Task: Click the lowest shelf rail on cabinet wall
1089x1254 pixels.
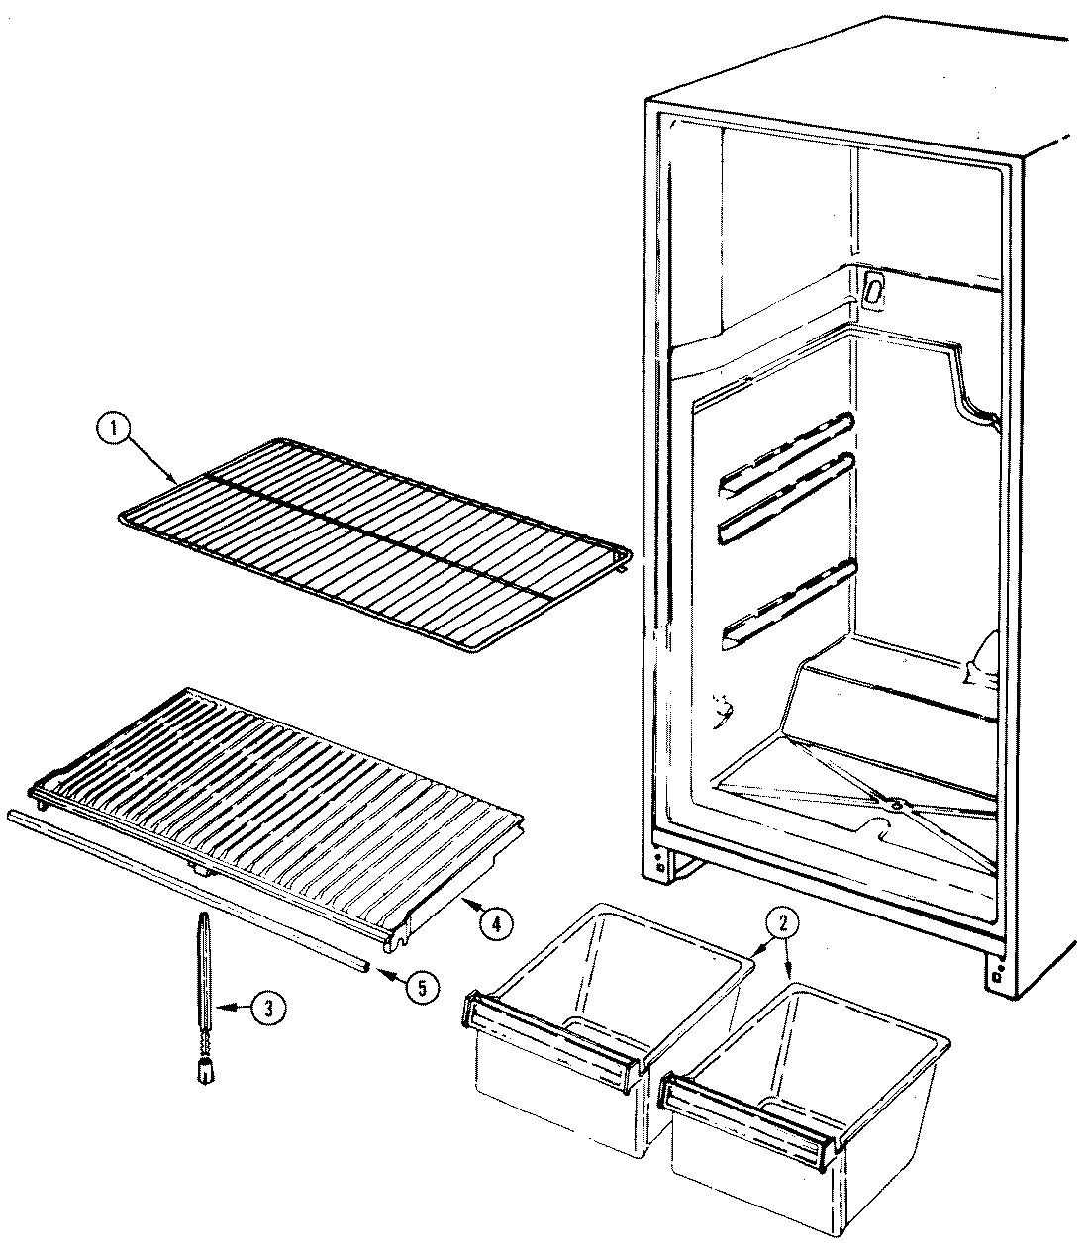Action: (788, 604)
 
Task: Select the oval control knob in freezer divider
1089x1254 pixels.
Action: (873, 288)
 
